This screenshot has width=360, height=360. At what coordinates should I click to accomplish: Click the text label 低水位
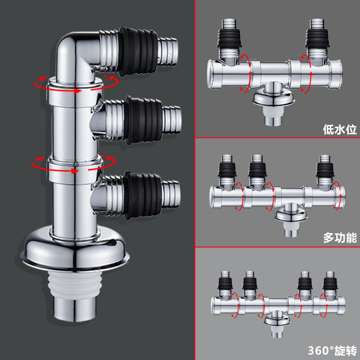[340, 130]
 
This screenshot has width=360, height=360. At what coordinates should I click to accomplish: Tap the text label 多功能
[340, 238]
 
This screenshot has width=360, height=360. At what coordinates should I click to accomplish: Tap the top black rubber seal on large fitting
[139, 47]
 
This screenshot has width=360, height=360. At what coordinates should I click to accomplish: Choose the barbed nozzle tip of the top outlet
[168, 48]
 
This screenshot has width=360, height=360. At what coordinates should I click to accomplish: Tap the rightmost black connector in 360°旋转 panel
[329, 283]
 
